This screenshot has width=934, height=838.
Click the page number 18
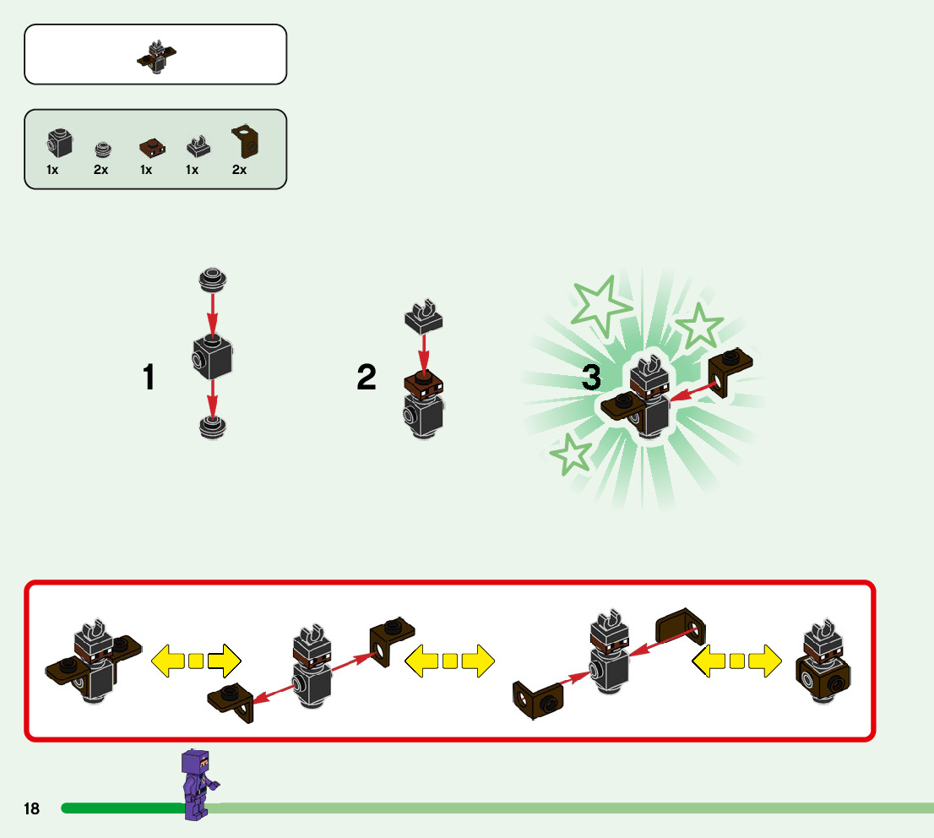[31, 809]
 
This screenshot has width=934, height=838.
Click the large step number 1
[149, 378]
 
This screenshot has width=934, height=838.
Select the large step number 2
[367, 378]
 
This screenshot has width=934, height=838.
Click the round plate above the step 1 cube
[213, 279]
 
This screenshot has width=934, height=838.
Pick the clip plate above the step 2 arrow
[424, 316]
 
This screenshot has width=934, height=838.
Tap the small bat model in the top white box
[156, 57]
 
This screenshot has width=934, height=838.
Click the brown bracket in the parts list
[246, 140]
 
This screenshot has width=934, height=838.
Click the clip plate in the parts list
[198, 148]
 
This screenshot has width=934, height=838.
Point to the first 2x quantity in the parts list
[101, 170]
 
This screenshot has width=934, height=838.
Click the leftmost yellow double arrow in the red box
[196, 660]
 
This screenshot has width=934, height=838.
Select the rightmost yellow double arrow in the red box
[736, 660]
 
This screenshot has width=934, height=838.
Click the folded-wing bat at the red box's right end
[823, 665]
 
